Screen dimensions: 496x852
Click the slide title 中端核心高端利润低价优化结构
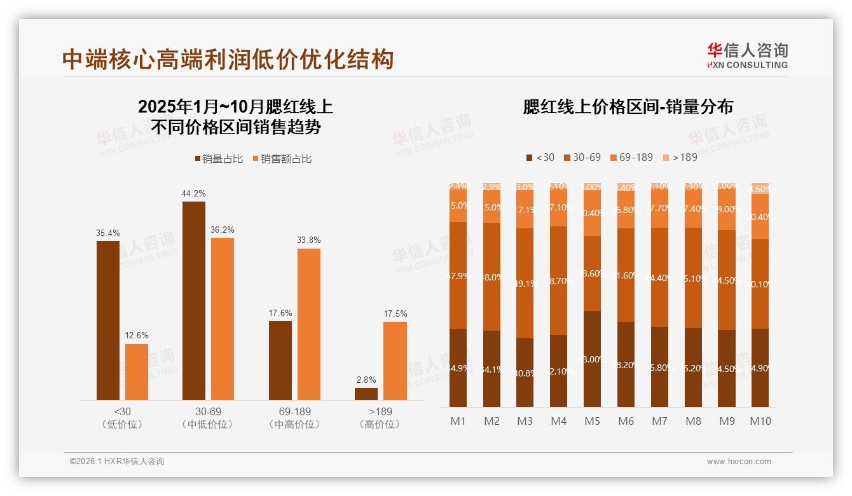click(x=228, y=59)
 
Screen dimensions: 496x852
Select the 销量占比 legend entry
click(x=219, y=159)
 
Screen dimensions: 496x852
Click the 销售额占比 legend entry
click(x=282, y=159)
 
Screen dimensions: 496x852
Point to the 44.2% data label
click(x=193, y=193)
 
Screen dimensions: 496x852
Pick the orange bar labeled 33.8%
click(x=309, y=324)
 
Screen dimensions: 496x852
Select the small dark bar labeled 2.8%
click(x=366, y=394)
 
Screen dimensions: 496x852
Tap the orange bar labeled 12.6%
click(x=137, y=371)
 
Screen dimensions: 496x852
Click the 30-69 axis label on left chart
click(x=208, y=411)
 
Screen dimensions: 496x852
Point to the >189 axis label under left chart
click(x=380, y=411)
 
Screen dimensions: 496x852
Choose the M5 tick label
click(x=592, y=421)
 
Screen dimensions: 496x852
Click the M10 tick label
click(x=760, y=421)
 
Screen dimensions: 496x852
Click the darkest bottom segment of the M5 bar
click(x=592, y=359)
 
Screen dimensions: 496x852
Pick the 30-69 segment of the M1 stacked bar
click(x=458, y=275)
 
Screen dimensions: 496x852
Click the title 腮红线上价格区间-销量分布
click(x=628, y=107)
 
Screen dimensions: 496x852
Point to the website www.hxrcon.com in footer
click(x=739, y=462)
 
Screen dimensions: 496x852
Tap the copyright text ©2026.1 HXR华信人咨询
click(x=117, y=462)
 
